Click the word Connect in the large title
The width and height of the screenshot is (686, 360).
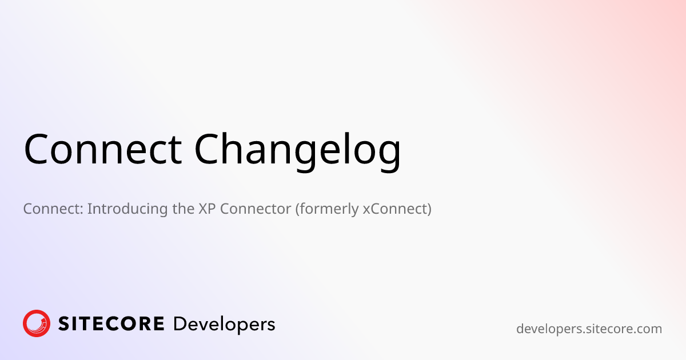pos(102,150)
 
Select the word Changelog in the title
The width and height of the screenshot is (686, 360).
pos(297,150)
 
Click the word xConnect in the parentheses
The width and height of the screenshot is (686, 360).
pos(394,209)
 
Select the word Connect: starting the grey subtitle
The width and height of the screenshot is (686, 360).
pos(53,209)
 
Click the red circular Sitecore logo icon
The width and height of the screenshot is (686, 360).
pos(37,324)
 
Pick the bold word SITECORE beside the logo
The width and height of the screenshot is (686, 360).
pos(111,324)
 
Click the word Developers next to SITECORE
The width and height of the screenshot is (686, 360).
pos(224,325)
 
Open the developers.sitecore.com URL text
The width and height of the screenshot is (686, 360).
pos(589,329)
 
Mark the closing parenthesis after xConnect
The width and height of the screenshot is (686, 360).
pos(429,209)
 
